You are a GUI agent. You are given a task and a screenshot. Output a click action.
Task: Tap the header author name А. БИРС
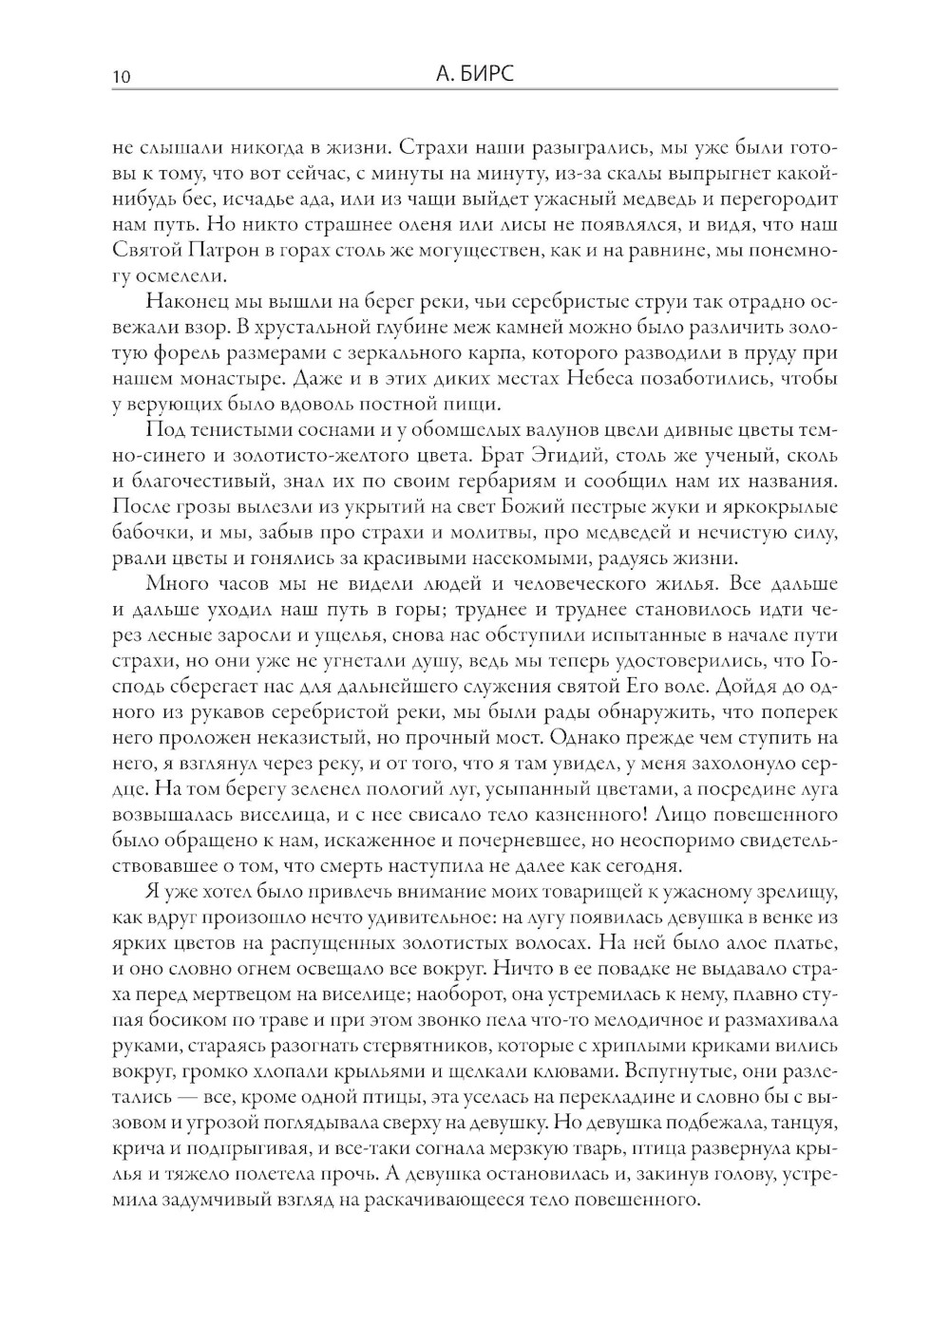pos(472,74)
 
